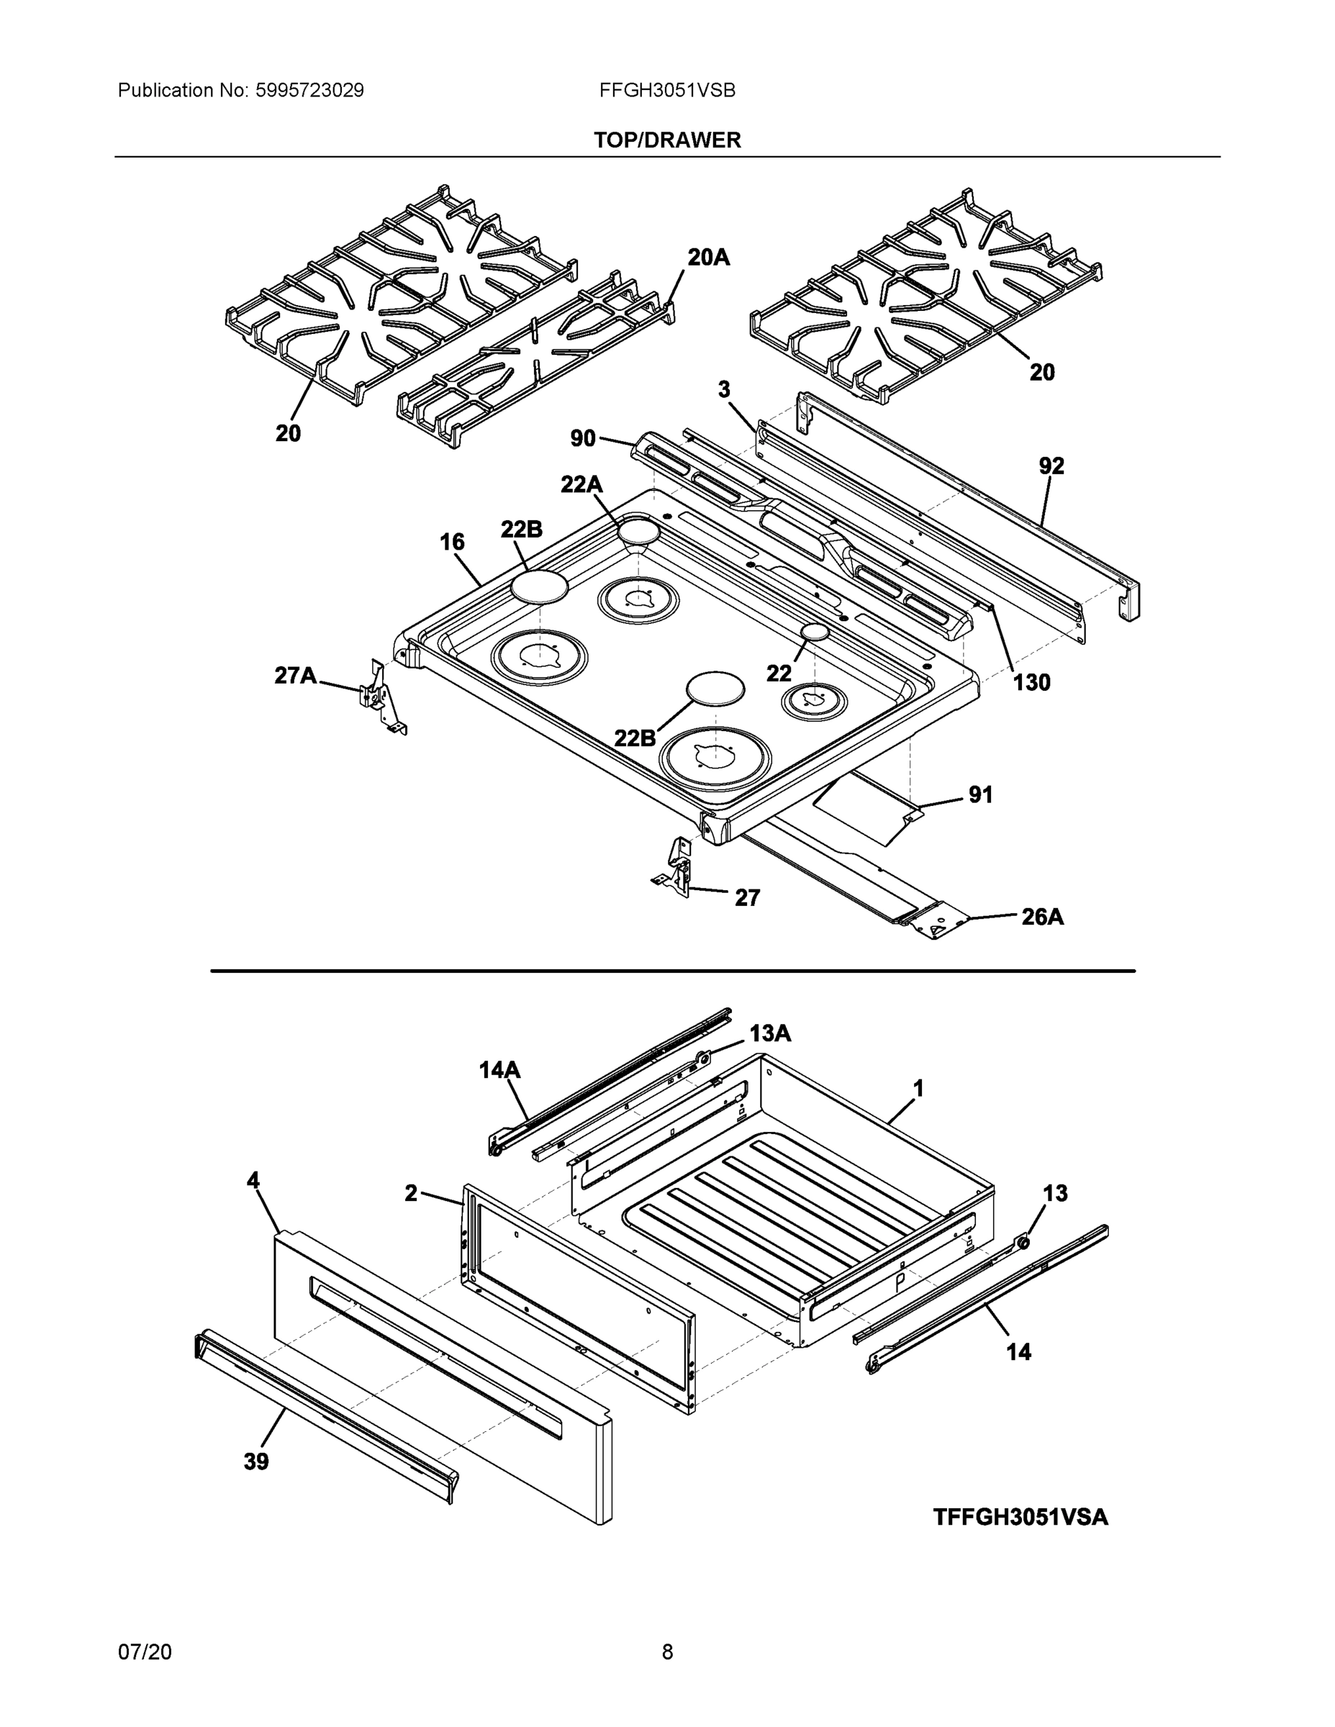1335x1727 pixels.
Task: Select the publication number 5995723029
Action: coord(309,90)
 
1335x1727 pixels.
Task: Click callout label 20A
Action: coord(708,257)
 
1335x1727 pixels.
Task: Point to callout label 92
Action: coord(1051,466)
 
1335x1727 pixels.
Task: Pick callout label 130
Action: coord(1031,682)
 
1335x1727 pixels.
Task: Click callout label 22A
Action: coord(581,484)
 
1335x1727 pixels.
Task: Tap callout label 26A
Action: coord(1041,917)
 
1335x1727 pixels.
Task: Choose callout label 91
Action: coord(980,794)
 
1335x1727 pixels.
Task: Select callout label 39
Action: coord(255,1461)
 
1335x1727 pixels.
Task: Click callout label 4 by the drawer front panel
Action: coord(253,1181)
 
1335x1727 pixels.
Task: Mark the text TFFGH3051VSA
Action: coord(1021,1518)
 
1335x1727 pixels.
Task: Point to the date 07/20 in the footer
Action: coord(145,1651)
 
